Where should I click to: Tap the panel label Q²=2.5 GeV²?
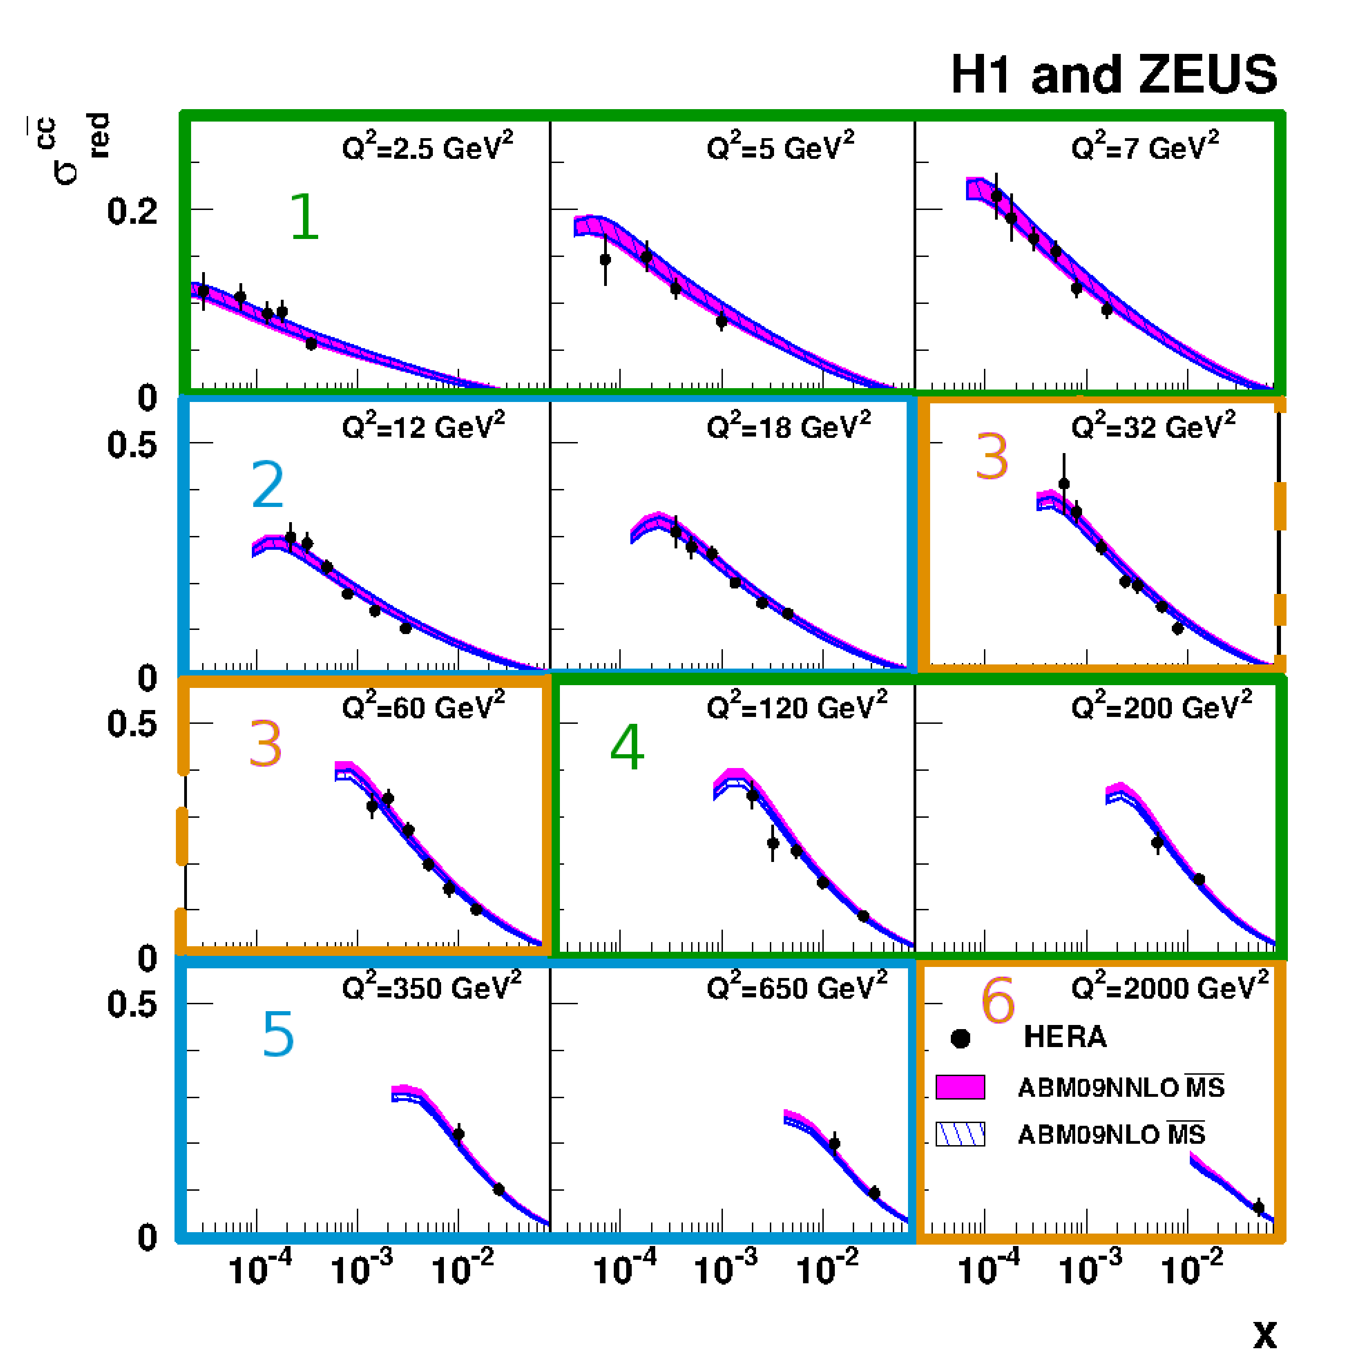[x=427, y=147]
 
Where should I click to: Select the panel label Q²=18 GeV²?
[x=788, y=426]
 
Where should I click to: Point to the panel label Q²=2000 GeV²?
[x=1170, y=987]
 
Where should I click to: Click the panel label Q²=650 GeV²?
[x=797, y=987]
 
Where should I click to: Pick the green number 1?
[x=304, y=217]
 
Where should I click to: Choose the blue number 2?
[x=268, y=485]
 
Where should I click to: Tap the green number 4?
[x=627, y=747]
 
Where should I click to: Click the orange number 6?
[x=998, y=1001]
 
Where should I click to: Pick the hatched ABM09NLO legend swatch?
[x=960, y=1135]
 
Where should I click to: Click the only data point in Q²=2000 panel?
[x=1258, y=1208]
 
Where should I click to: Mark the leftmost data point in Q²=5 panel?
[x=605, y=260]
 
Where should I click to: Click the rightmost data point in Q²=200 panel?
[x=1199, y=879]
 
